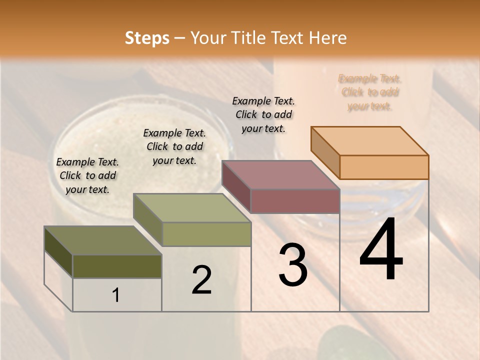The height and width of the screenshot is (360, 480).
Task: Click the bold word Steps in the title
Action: coord(147,38)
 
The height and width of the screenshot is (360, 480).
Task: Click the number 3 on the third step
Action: coord(293,265)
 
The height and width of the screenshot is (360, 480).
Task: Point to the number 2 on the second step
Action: coord(201,280)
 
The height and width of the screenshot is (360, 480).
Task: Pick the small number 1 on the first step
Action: coord(116,295)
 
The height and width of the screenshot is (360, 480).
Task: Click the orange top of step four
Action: coord(370,140)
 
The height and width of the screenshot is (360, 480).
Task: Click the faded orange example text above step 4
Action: coord(369,92)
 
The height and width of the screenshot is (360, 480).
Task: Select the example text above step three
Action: coord(263,114)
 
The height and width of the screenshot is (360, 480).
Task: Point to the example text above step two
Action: coord(174,146)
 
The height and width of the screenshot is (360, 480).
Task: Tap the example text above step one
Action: coord(87,175)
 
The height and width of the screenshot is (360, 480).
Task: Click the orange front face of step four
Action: coord(384,167)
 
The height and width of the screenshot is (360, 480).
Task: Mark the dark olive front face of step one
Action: coord(117,266)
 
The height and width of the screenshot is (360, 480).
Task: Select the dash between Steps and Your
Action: coord(179,38)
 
